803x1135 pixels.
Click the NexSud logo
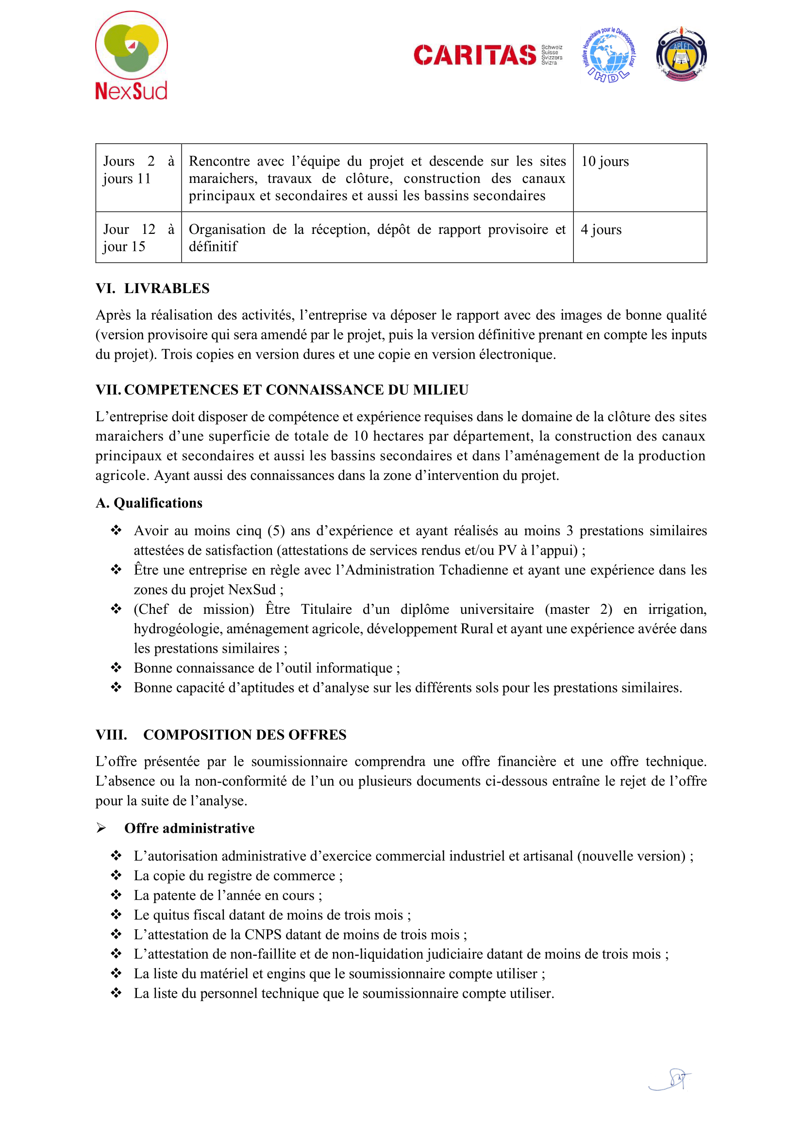[132, 55]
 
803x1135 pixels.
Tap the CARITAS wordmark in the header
[475, 55]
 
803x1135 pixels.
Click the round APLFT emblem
[681, 54]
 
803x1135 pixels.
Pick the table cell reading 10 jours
[605, 162]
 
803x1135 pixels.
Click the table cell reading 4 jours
[601, 230]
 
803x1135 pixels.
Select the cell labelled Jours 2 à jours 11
[138, 170]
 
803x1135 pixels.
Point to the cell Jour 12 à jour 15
[138, 238]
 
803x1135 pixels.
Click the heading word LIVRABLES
[167, 289]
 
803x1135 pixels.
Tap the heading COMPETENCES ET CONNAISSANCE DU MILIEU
[296, 390]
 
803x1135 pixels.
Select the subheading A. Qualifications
[149, 503]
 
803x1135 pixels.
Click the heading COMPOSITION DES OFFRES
[245, 735]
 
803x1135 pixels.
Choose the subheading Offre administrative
[189, 828]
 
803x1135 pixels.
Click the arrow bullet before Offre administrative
[101, 828]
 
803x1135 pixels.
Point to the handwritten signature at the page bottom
[672, 1080]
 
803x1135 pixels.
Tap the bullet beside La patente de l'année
[116, 895]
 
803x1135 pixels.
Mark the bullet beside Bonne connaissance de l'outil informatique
[116, 668]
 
